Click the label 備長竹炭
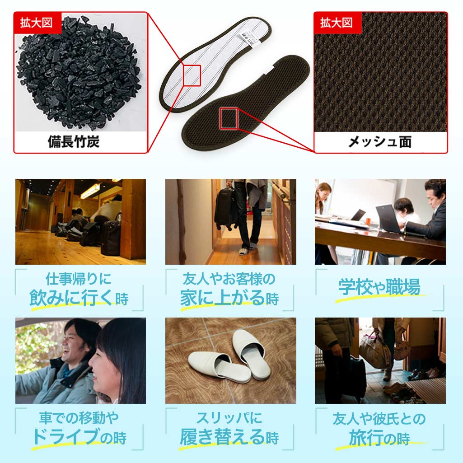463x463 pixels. [74, 141]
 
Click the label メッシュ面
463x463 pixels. [379, 142]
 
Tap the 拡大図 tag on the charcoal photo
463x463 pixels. [37, 23]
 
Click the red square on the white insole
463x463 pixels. [192, 74]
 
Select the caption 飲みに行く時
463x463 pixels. [79, 298]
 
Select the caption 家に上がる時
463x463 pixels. [229, 298]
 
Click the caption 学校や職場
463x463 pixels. [379, 287]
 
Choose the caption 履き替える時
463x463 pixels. [229, 437]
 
